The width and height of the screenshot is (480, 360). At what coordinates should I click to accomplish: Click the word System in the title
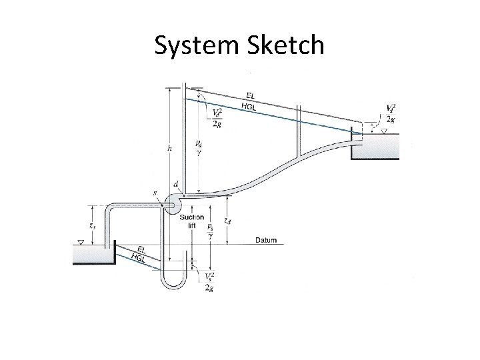(192, 46)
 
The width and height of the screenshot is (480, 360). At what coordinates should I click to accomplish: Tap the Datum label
(267, 240)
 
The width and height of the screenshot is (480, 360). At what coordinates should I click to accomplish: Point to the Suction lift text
(191, 221)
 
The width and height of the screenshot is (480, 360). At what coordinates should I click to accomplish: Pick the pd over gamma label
(199, 147)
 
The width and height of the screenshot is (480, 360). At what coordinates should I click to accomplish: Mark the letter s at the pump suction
(155, 193)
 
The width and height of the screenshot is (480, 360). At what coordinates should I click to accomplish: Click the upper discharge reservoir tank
(375, 147)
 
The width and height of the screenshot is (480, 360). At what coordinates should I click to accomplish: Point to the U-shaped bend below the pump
(174, 279)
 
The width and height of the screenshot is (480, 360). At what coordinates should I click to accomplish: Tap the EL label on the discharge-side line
(250, 95)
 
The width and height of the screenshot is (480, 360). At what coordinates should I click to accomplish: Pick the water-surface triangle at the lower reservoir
(80, 242)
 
